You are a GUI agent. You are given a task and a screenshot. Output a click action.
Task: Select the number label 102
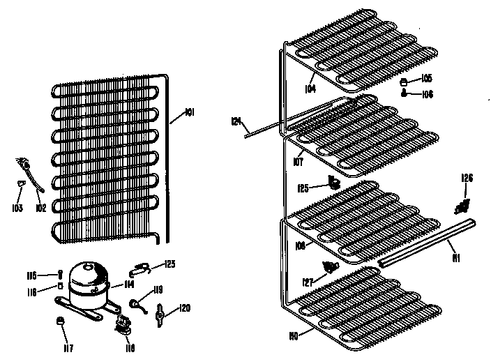pyautogui.click(x=41, y=208)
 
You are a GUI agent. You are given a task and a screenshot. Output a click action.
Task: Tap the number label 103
pyautogui.click(x=17, y=208)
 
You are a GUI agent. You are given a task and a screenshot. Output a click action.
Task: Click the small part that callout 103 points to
pyautogui.click(x=21, y=183)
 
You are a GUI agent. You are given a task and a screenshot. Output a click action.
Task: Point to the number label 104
pyautogui.click(x=310, y=89)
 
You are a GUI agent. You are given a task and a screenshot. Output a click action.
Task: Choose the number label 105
pyautogui.click(x=426, y=77)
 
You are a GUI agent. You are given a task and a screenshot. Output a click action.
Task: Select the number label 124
pyautogui.click(x=236, y=122)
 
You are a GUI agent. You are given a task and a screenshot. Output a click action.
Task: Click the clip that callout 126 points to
pyautogui.click(x=461, y=206)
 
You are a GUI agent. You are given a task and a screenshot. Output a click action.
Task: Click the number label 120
pyautogui.click(x=184, y=307)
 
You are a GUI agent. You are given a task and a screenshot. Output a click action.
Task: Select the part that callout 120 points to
pyautogui.click(x=162, y=315)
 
